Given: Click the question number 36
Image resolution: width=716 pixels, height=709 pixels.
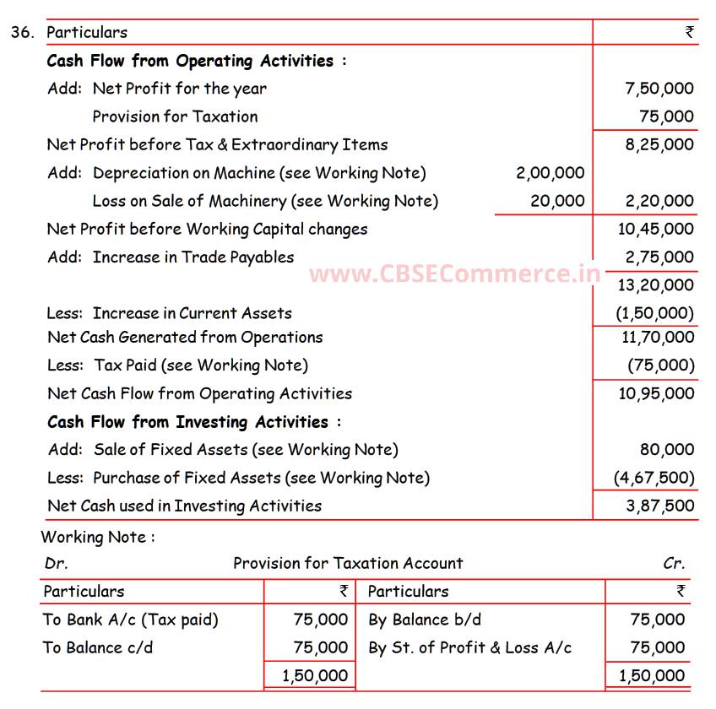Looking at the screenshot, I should pyautogui.click(x=23, y=33).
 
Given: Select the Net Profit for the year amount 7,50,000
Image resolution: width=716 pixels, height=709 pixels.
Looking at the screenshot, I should pyautogui.click(x=659, y=89).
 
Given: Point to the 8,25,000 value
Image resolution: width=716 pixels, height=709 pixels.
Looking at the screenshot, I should pyautogui.click(x=659, y=144).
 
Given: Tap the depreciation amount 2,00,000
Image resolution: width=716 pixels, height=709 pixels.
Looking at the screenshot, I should pyautogui.click(x=550, y=173).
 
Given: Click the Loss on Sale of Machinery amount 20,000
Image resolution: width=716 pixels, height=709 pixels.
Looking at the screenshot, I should pyautogui.click(x=557, y=201).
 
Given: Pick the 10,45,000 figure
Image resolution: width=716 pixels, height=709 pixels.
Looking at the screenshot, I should pyautogui.click(x=656, y=229).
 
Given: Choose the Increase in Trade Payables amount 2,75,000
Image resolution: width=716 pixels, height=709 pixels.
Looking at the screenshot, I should pyautogui.click(x=659, y=257).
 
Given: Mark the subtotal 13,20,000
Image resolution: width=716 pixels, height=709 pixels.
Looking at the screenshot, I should pyautogui.click(x=656, y=285).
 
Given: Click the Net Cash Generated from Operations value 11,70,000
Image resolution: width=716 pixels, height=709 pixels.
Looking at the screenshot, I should pyautogui.click(x=656, y=338).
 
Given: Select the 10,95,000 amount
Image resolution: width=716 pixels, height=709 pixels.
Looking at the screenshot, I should pyautogui.click(x=656, y=393).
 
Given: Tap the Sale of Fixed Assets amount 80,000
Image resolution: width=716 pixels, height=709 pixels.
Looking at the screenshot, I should pyautogui.click(x=667, y=450).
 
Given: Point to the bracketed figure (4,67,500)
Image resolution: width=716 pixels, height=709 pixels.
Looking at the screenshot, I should pyautogui.click(x=654, y=478).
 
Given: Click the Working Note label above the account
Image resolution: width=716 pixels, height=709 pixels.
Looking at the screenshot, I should pyautogui.click(x=98, y=537).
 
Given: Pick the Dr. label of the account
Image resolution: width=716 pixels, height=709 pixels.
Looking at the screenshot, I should pyautogui.click(x=56, y=564).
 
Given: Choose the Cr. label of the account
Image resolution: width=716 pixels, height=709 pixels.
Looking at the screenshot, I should pyautogui.click(x=674, y=564).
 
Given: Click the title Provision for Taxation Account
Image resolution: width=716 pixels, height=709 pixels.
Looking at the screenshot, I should pyautogui.click(x=348, y=564).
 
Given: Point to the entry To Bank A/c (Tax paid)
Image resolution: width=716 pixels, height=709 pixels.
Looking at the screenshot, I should pyautogui.click(x=131, y=620).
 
